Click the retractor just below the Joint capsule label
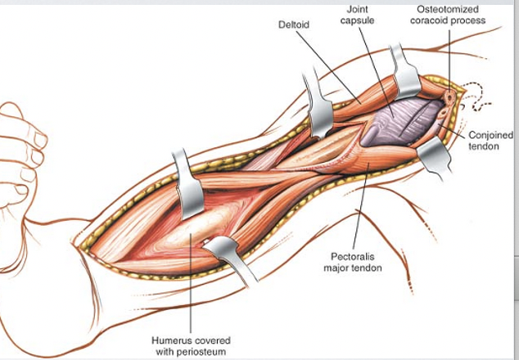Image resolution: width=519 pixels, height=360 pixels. tap(405, 74)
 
